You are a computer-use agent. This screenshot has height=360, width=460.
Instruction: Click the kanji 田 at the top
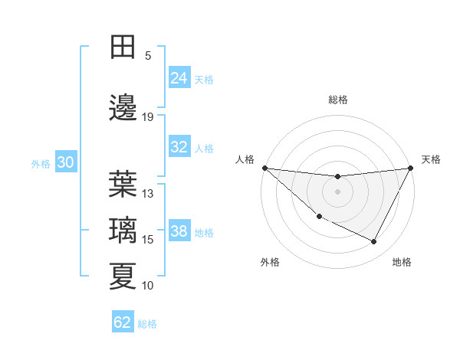click(x=123, y=47)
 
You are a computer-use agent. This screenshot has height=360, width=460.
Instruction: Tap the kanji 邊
click(x=123, y=108)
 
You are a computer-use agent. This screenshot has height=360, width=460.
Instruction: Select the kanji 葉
click(x=123, y=184)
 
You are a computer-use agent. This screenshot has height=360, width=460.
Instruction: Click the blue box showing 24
click(x=179, y=78)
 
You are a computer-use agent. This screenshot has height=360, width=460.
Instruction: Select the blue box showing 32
click(x=179, y=147)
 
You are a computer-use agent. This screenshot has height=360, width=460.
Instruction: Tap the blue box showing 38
click(x=179, y=231)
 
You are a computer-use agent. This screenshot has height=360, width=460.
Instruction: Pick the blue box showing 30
click(x=65, y=162)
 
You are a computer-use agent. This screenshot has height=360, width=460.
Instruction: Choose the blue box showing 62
click(x=123, y=322)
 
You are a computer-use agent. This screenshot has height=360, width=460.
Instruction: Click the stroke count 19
click(x=148, y=116)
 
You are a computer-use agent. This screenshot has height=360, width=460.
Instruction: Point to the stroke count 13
click(x=148, y=193)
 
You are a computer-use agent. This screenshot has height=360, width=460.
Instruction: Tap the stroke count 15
click(x=148, y=240)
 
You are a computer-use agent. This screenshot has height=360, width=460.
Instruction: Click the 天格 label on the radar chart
click(x=431, y=159)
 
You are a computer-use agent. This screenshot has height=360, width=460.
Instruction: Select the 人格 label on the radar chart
click(x=245, y=159)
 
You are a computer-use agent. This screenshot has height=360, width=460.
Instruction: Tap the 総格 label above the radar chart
click(x=338, y=100)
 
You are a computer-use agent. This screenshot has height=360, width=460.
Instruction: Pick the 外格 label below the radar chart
click(x=270, y=262)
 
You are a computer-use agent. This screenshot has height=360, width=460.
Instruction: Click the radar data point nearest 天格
click(x=411, y=168)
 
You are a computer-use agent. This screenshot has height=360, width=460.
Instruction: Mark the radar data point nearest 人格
click(x=264, y=168)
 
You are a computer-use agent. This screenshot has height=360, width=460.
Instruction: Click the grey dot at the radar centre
click(x=337, y=191)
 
